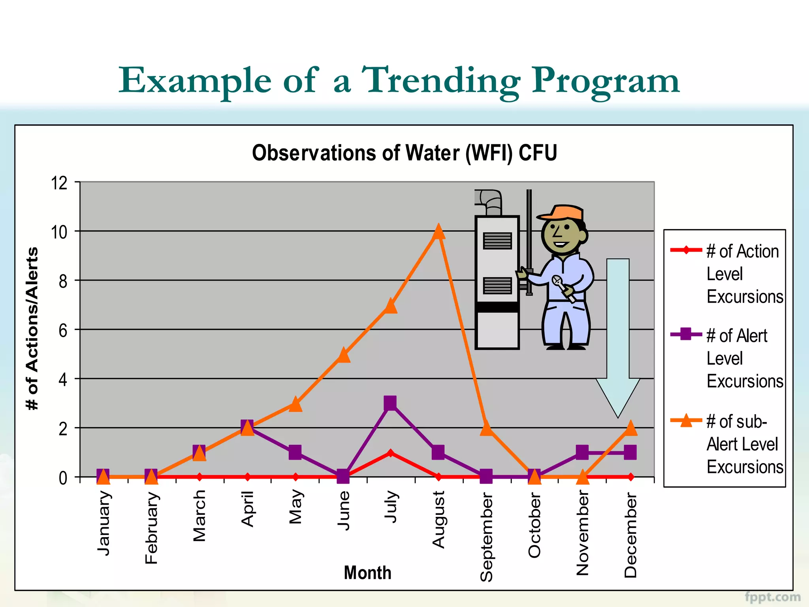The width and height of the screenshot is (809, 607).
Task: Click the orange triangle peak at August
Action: point(438,232)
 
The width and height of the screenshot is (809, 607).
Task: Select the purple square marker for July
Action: point(390,403)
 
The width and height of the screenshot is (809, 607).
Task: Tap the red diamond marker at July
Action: point(390,453)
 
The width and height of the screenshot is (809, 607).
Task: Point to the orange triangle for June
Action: point(344,355)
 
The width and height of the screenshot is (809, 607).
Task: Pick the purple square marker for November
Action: point(582,452)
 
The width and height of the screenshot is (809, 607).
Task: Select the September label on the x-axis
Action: point(486,537)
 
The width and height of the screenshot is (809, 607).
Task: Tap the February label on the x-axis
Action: point(151,528)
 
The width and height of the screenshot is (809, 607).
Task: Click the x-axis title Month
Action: point(367,573)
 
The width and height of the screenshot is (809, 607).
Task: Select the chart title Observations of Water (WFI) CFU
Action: point(404,153)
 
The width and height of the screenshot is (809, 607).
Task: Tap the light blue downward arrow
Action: point(618,336)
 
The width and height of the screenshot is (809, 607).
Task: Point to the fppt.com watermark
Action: point(772,597)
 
